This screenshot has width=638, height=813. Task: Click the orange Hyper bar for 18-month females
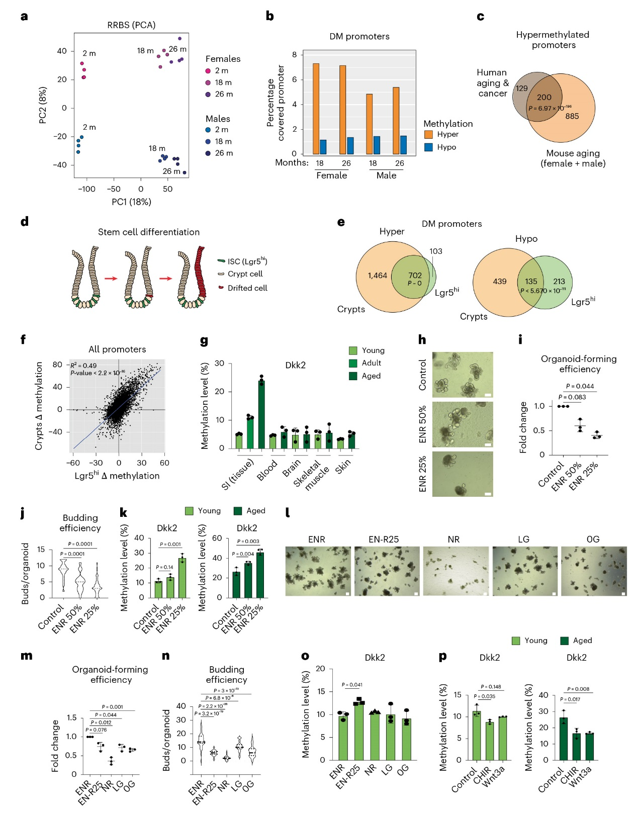(x=316, y=109)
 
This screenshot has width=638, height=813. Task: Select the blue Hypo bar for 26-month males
(x=403, y=145)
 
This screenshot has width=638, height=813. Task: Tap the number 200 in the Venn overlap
(x=544, y=97)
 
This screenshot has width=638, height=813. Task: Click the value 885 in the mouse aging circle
(x=572, y=116)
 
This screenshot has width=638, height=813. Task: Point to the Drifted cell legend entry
(x=247, y=288)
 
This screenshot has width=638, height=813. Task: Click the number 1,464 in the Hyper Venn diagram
(x=377, y=276)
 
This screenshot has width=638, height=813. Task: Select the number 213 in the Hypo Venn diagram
(x=559, y=282)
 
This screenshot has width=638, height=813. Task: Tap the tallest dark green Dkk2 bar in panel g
(x=261, y=414)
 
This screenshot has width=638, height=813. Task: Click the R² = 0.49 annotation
(x=83, y=366)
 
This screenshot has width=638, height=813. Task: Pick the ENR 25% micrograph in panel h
(x=463, y=474)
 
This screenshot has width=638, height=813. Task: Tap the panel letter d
(x=25, y=221)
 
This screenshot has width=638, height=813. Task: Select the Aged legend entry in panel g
(x=371, y=376)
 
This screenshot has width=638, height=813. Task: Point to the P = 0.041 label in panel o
(x=352, y=685)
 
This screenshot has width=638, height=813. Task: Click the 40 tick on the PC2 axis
(x=61, y=51)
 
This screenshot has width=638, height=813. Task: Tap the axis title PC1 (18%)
(x=131, y=202)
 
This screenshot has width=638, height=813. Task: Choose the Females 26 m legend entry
(x=223, y=94)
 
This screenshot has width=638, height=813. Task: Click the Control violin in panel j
(x=63, y=574)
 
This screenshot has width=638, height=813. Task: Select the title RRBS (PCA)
(x=131, y=25)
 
